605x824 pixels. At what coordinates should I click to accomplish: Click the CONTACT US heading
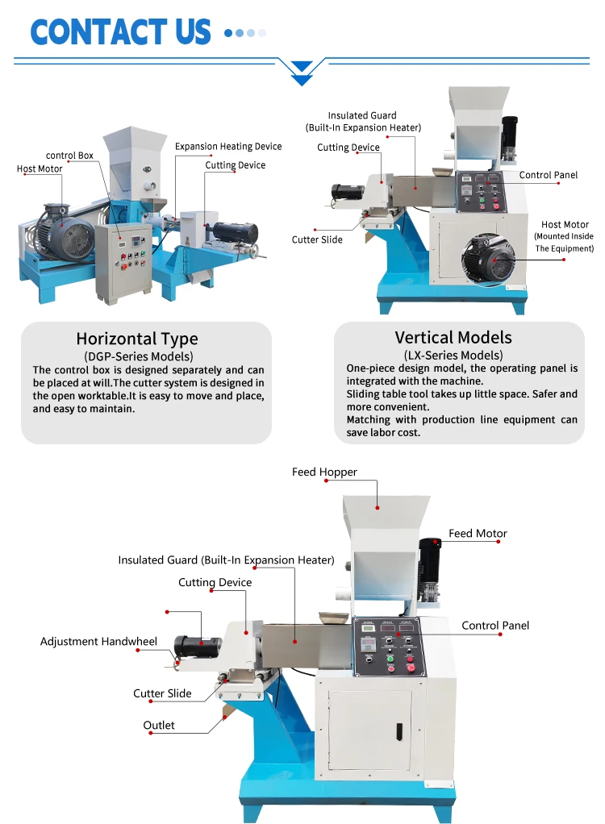click(120, 31)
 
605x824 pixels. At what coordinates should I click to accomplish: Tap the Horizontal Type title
click(136, 339)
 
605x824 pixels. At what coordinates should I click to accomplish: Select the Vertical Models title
click(453, 338)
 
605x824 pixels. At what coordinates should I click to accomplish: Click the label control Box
click(69, 156)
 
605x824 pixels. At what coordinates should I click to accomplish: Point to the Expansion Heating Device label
click(228, 147)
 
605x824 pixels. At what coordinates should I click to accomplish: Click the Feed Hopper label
click(324, 472)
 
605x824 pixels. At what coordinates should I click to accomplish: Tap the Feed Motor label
click(478, 534)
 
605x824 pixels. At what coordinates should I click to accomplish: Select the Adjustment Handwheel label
click(98, 642)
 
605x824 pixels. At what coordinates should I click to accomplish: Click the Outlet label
click(159, 726)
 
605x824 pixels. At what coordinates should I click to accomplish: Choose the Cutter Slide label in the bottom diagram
click(162, 694)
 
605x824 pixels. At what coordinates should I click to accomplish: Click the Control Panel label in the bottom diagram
click(495, 626)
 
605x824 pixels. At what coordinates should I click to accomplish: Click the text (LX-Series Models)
click(453, 356)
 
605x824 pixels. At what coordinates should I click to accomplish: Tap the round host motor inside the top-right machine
click(487, 263)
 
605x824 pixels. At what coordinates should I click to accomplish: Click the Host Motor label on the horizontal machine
click(40, 169)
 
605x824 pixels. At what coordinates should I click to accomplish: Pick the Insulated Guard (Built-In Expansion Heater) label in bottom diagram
click(226, 560)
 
